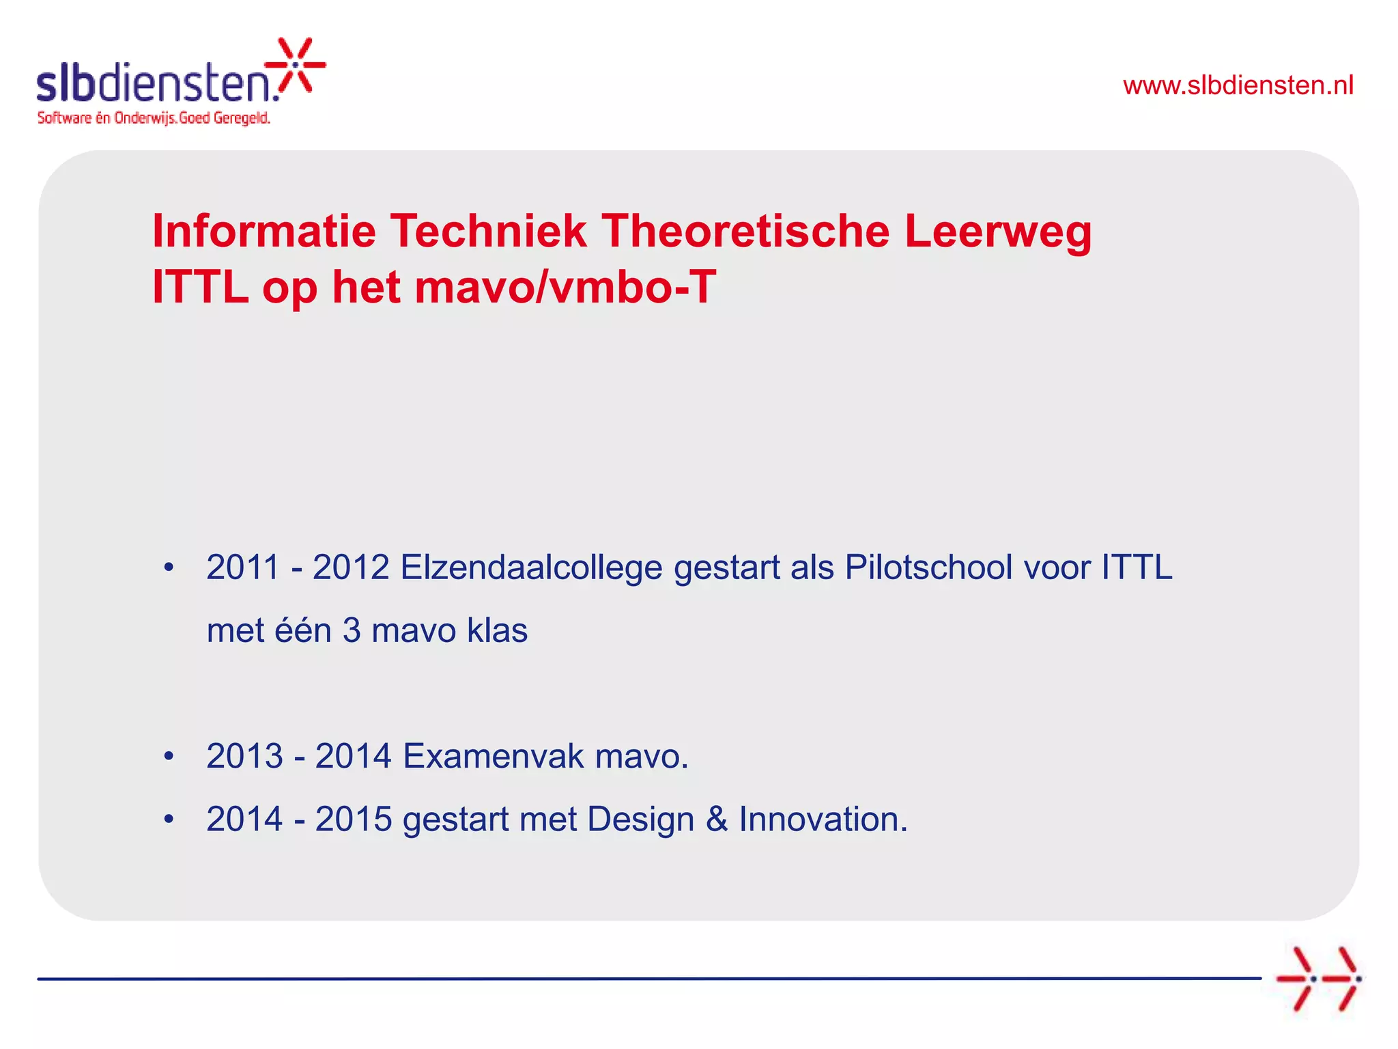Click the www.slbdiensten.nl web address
[x=1238, y=85]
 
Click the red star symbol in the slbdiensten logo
[x=296, y=65]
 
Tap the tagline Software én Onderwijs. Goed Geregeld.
[x=154, y=118]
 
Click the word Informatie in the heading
[x=263, y=231]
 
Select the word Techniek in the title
[x=487, y=231]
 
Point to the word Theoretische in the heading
[x=745, y=231]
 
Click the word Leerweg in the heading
[x=997, y=232]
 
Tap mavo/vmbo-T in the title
[x=565, y=287]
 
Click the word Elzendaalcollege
[x=531, y=568]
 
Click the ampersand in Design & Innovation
[x=717, y=819]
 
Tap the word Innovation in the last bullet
[x=823, y=819]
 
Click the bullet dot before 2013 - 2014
[x=169, y=756]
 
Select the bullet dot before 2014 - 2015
[x=169, y=819]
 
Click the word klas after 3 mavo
[x=497, y=630]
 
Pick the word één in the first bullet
[x=302, y=630]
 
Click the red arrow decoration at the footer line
[x=1318, y=979]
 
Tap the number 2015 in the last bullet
[x=354, y=819]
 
